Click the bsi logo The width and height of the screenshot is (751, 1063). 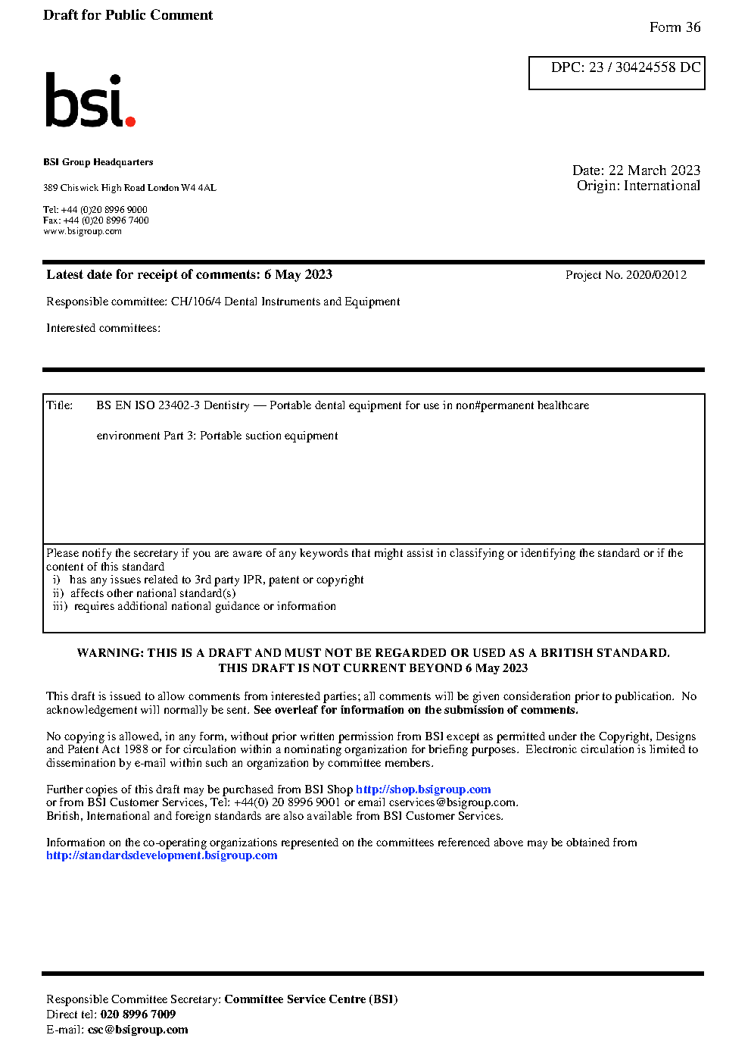click(x=89, y=101)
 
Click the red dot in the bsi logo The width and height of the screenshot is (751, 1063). click(x=130, y=120)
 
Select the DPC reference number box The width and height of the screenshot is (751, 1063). click(x=616, y=73)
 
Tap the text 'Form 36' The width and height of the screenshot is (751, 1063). click(x=675, y=27)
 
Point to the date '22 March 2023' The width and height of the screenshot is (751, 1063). click(x=654, y=170)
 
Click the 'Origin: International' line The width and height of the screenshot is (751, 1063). click(x=638, y=186)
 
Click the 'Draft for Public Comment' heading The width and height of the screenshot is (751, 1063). click(x=128, y=15)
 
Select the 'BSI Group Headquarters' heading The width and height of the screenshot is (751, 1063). click(x=98, y=162)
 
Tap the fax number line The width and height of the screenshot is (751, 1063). click(x=95, y=220)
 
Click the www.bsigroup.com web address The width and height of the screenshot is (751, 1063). click(x=82, y=231)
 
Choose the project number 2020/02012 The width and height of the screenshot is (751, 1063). click(x=656, y=275)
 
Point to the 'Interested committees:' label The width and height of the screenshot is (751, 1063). click(x=103, y=328)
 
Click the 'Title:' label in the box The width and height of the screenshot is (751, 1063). click(x=60, y=405)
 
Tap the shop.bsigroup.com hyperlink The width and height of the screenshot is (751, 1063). click(x=423, y=789)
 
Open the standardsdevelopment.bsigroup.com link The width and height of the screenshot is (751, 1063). click(x=161, y=855)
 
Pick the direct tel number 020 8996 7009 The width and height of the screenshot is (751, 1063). click(x=138, y=1015)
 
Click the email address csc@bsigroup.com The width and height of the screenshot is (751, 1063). click(x=138, y=1030)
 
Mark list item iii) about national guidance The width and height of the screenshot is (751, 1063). click(x=195, y=606)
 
